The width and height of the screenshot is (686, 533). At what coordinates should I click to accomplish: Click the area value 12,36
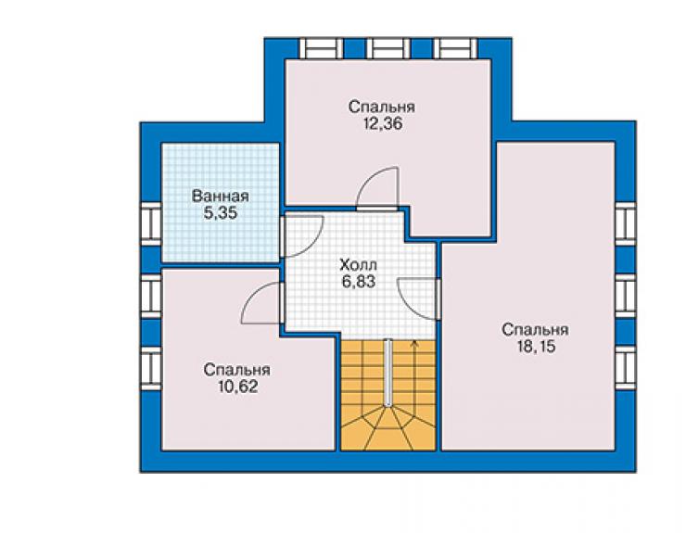(382, 124)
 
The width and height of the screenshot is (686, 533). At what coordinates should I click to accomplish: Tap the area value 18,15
(536, 347)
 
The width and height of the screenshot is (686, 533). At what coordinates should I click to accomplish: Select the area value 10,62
(237, 387)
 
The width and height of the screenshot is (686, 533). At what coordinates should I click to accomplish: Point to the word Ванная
(220, 196)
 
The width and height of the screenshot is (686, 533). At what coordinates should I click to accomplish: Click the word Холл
(358, 265)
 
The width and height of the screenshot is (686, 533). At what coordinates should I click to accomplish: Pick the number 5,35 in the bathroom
(220, 212)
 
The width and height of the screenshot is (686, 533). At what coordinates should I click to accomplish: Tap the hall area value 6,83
(359, 282)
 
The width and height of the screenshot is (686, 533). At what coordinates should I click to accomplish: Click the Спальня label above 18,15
(535, 330)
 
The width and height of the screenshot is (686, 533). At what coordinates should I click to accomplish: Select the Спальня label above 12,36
(382, 108)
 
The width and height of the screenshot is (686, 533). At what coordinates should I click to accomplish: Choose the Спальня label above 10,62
(236, 370)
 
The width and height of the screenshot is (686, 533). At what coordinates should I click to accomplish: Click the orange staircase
(388, 395)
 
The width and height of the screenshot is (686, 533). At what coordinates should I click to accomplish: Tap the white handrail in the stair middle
(387, 373)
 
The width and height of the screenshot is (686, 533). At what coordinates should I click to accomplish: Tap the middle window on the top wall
(388, 48)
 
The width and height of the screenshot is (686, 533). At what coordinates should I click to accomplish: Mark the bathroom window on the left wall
(151, 223)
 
